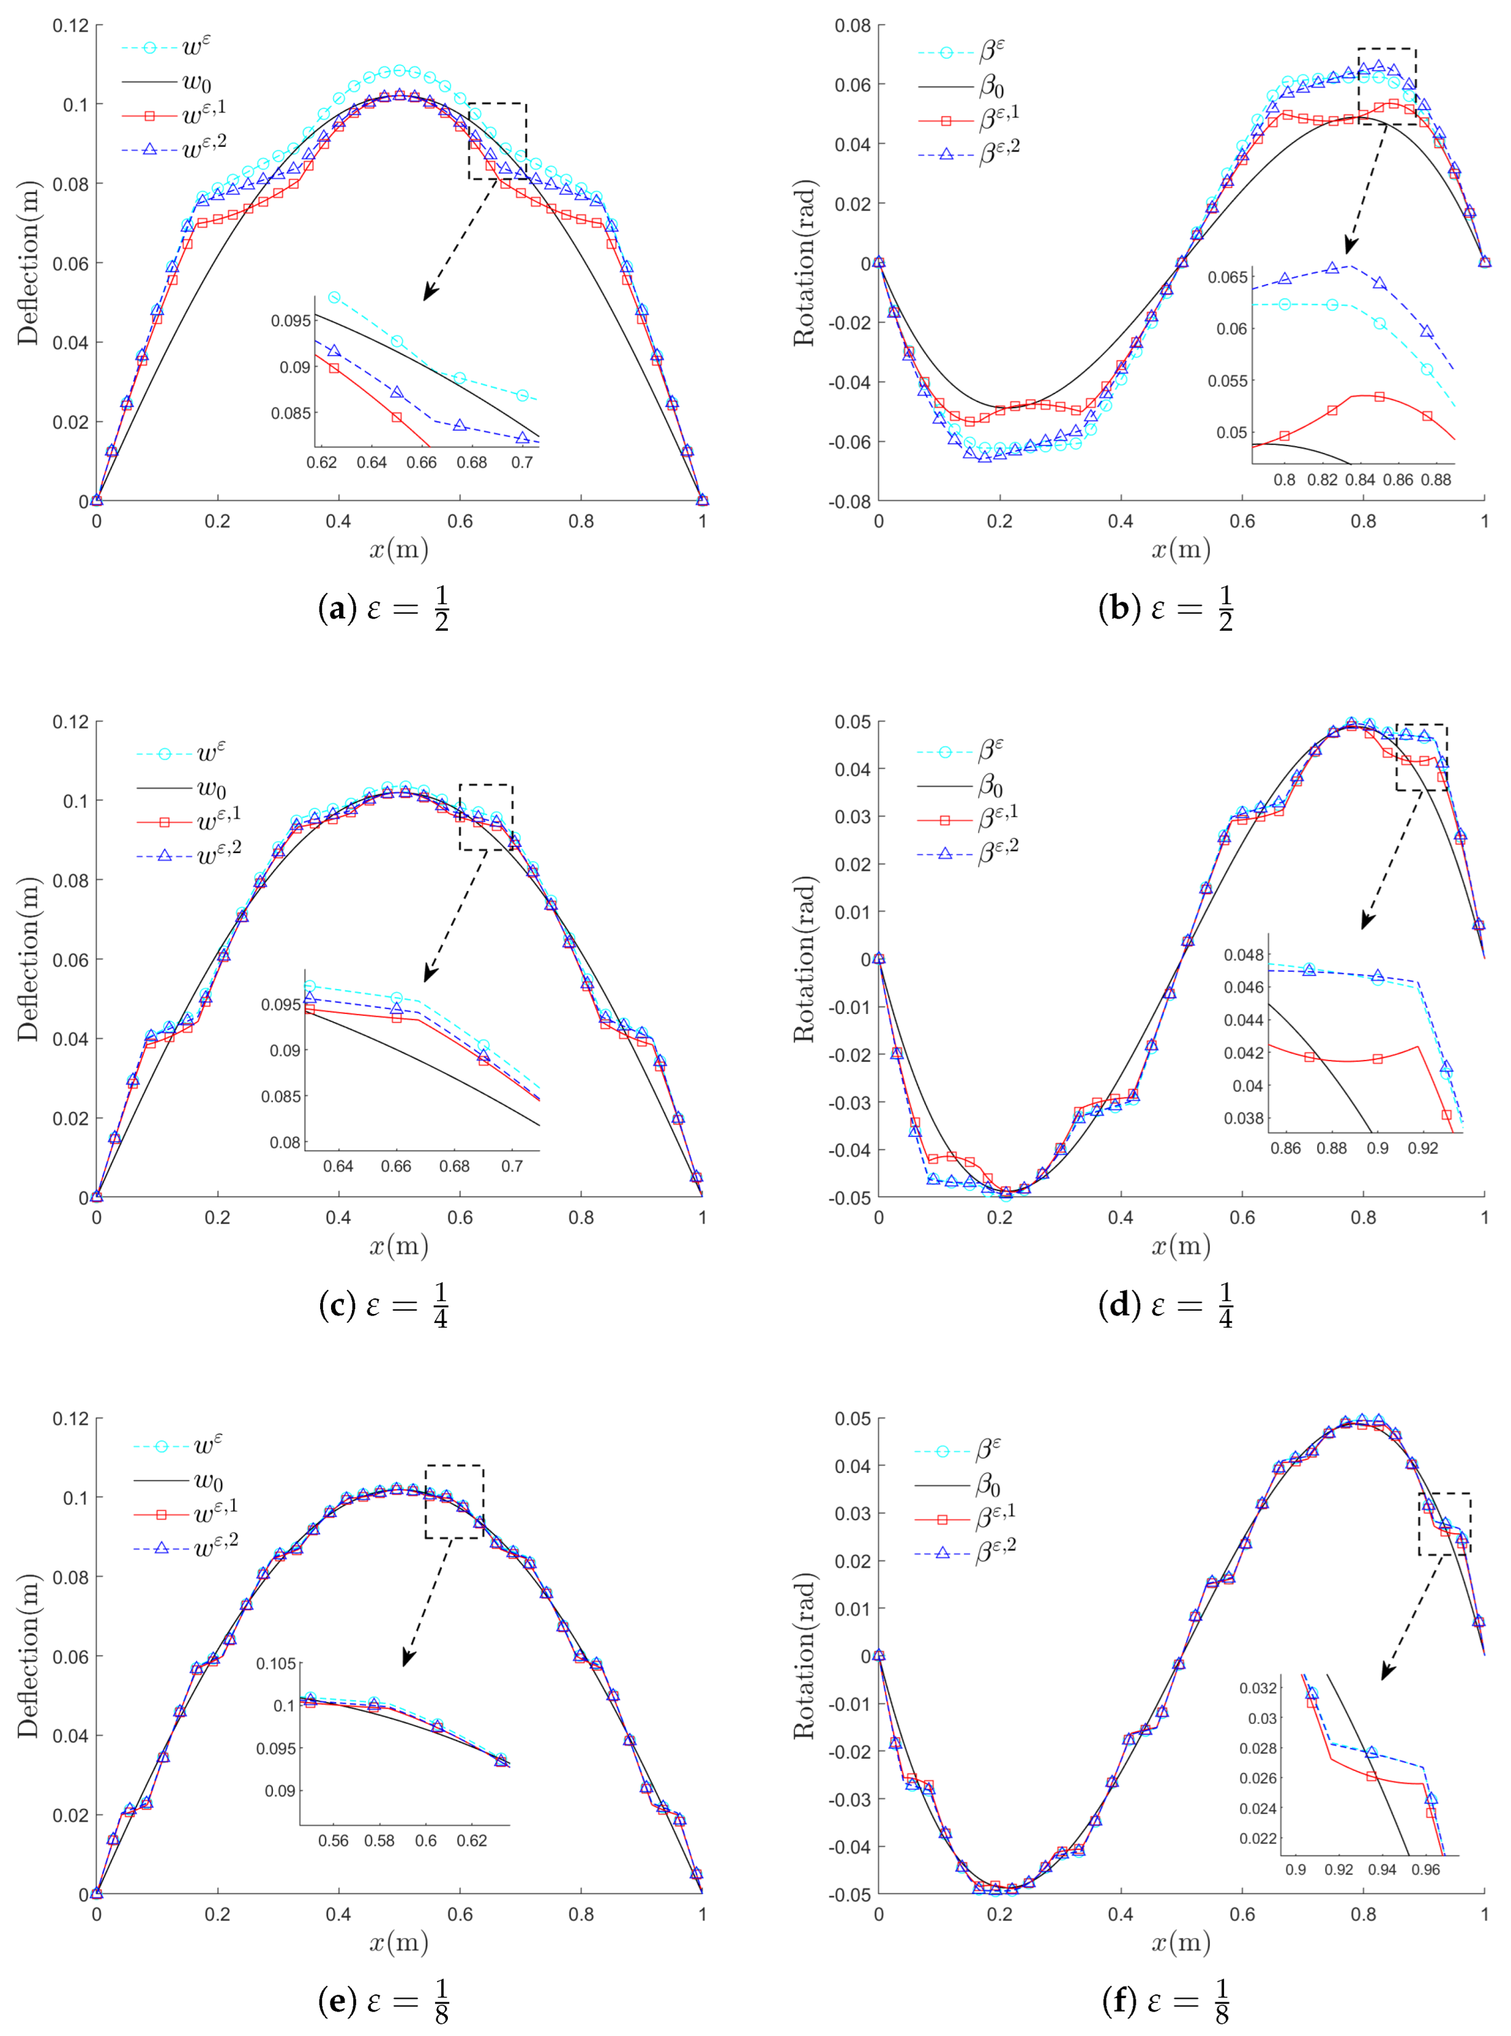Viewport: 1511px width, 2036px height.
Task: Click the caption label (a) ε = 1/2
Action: point(383,608)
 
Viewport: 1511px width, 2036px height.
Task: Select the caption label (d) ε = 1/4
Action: point(1165,1305)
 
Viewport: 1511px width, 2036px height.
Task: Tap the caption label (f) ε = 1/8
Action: point(1165,2002)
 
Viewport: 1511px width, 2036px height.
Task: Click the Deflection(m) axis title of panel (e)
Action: point(28,1655)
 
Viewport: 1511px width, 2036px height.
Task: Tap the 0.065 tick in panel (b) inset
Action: point(1227,277)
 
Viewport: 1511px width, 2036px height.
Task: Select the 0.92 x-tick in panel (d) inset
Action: point(1423,1148)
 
